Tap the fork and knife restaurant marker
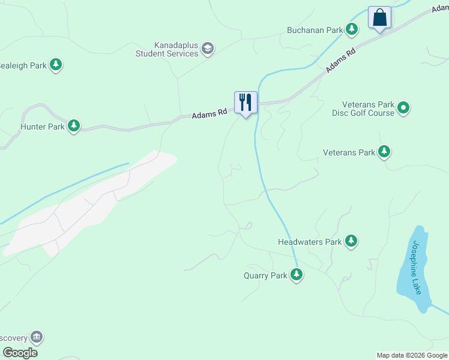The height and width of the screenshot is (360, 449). pyautogui.click(x=246, y=102)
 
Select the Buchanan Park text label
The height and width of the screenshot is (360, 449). pyautogui.click(x=314, y=29)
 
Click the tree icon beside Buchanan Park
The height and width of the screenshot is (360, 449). pyautogui.click(x=352, y=29)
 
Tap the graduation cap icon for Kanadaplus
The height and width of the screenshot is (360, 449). pyautogui.click(x=208, y=49)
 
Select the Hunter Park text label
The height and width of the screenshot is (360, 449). pyautogui.click(x=41, y=127)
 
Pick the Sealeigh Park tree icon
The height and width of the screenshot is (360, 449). pyautogui.click(x=56, y=64)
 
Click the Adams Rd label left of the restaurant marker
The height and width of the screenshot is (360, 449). pyautogui.click(x=209, y=113)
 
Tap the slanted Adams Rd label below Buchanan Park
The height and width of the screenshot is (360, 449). pyautogui.click(x=341, y=61)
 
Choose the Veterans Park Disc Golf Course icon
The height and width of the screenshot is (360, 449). pyautogui.click(x=404, y=108)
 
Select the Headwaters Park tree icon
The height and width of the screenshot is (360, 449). pyautogui.click(x=351, y=242)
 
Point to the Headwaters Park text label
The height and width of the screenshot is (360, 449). pyautogui.click(x=309, y=242)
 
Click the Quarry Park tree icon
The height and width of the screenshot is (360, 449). pyautogui.click(x=296, y=275)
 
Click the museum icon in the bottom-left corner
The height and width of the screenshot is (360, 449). pyautogui.click(x=37, y=337)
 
